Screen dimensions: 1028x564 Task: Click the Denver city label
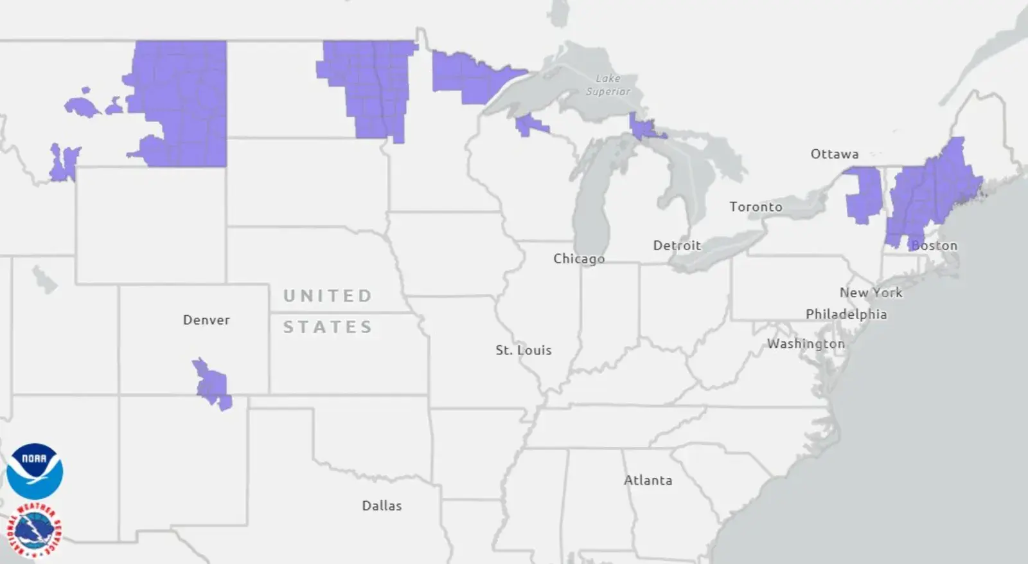pyautogui.click(x=206, y=320)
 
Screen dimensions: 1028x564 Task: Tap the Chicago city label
pyautogui.click(x=579, y=259)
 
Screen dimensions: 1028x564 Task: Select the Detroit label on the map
pyautogui.click(x=677, y=246)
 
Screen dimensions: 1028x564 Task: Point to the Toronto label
pyautogui.click(x=756, y=207)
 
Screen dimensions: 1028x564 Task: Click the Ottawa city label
pyautogui.click(x=834, y=154)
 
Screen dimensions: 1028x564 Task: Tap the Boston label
pyautogui.click(x=935, y=246)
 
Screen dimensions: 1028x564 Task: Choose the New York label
pyautogui.click(x=871, y=293)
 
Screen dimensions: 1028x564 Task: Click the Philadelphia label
pyautogui.click(x=846, y=314)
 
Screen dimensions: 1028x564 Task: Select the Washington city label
pyautogui.click(x=806, y=344)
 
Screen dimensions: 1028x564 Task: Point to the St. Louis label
pyautogui.click(x=523, y=350)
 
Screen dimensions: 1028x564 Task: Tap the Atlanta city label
pyautogui.click(x=648, y=480)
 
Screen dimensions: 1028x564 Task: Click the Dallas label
pyautogui.click(x=382, y=506)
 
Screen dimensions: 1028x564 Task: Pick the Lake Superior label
pyautogui.click(x=608, y=85)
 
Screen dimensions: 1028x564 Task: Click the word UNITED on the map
pyautogui.click(x=328, y=296)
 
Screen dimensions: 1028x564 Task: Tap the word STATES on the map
pyautogui.click(x=328, y=327)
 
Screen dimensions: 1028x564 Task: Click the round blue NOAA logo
pyautogui.click(x=35, y=471)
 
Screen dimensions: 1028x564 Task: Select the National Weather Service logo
pyautogui.click(x=34, y=531)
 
